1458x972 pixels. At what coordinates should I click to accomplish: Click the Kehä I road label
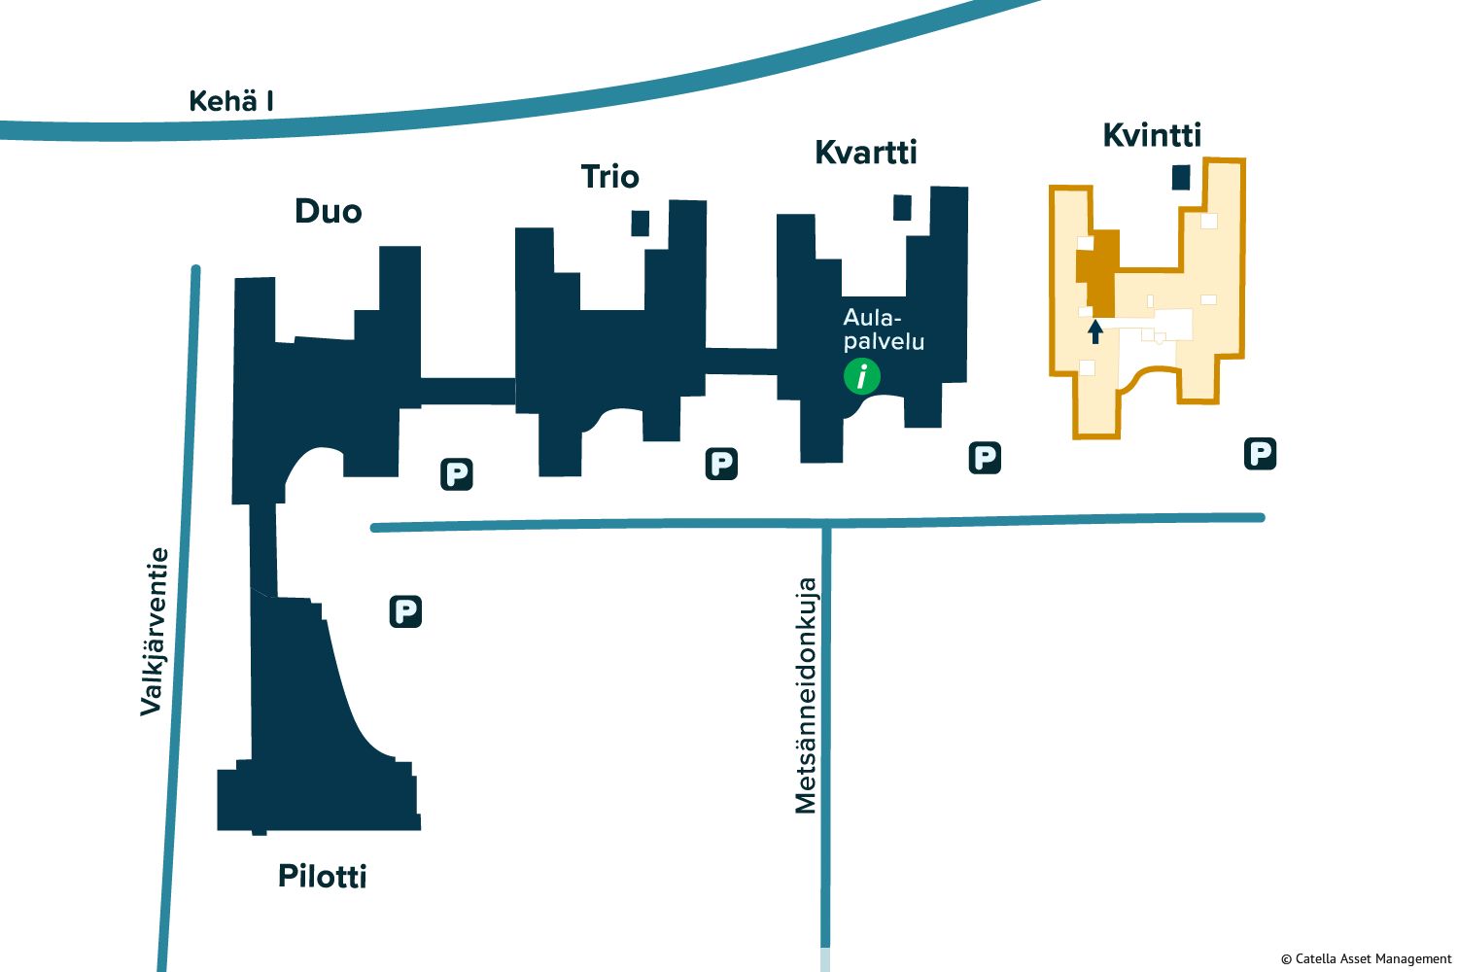(x=230, y=101)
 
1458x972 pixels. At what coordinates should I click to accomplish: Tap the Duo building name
(x=329, y=212)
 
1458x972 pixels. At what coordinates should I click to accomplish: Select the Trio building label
(x=609, y=177)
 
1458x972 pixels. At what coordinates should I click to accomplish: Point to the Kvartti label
(x=865, y=153)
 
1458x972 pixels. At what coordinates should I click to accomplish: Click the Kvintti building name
(x=1152, y=135)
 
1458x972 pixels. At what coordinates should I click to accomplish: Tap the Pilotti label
(x=323, y=877)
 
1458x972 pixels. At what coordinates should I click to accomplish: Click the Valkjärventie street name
(x=155, y=632)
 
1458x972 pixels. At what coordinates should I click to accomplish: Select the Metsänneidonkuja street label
(x=806, y=696)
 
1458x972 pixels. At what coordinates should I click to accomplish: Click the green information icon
(x=862, y=375)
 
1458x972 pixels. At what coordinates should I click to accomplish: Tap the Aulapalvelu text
(x=884, y=330)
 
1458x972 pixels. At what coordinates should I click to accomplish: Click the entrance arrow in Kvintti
(x=1095, y=331)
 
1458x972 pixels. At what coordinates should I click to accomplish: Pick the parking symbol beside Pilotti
(x=405, y=611)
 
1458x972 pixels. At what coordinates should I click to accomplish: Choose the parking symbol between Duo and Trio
(x=457, y=474)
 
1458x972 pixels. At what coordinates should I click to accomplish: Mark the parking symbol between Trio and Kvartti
(x=721, y=464)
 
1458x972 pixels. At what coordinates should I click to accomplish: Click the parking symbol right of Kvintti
(x=1260, y=453)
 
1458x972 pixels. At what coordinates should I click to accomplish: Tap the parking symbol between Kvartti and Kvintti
(x=985, y=458)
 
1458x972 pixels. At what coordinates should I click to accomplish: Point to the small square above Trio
(x=640, y=223)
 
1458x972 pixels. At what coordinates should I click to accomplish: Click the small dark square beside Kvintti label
(x=1181, y=177)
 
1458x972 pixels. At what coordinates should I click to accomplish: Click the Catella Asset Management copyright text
(x=1366, y=958)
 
